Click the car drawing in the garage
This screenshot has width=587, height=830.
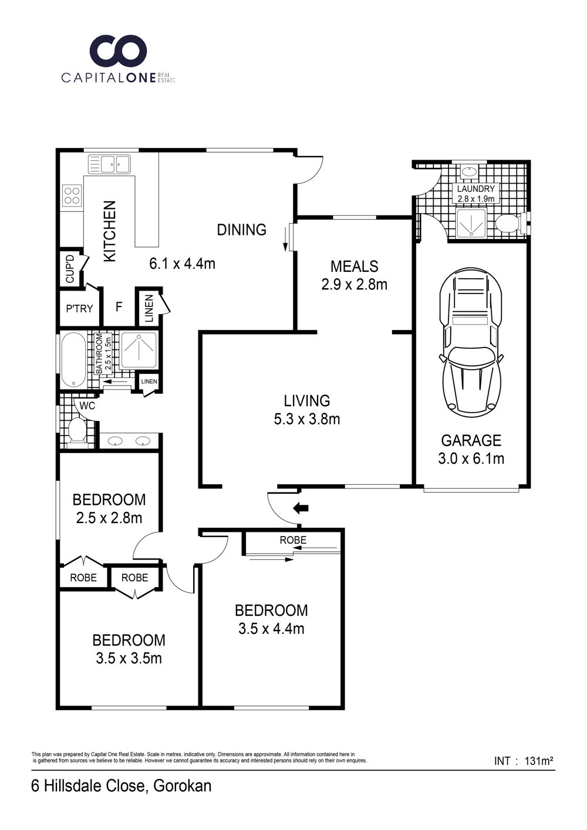point(471,343)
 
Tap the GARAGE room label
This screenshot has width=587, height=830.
point(471,441)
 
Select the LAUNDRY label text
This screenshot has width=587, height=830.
point(476,189)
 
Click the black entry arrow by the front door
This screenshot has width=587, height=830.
point(301,508)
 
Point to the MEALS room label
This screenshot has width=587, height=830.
point(355,266)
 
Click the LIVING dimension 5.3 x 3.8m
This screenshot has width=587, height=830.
point(307,419)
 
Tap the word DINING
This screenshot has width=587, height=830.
point(242,230)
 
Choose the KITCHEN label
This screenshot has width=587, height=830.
point(110,231)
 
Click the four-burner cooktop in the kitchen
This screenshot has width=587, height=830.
point(72,195)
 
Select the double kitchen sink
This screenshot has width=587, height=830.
point(109,164)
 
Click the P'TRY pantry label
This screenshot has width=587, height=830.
point(79,308)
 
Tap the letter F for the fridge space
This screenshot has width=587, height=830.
point(119,307)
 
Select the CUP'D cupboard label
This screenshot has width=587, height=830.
point(70,269)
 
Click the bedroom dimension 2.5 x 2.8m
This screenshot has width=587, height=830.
point(109,518)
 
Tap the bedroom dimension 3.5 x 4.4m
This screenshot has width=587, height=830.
point(271,629)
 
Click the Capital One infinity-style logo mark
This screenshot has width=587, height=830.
point(119,50)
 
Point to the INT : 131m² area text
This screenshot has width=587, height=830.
point(524,761)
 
